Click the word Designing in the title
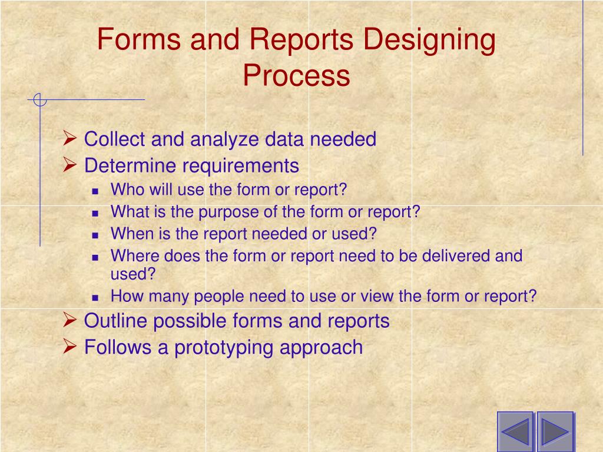coord(429,41)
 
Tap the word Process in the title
coord(297,76)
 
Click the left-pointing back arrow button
coord(515,431)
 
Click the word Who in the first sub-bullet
coord(124,190)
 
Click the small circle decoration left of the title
coord(39,100)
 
